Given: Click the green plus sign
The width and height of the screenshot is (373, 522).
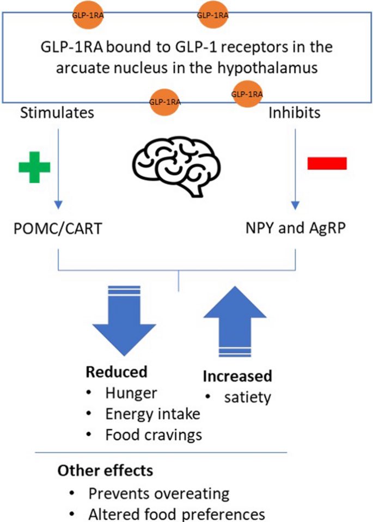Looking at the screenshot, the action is pos(34,167).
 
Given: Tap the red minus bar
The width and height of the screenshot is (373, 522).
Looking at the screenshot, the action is pos(327,163).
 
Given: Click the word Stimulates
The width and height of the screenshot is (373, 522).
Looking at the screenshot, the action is pos(57,113).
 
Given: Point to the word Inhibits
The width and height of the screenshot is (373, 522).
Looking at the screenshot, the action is pos(295,113).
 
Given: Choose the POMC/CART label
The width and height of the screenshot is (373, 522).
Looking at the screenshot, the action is pos(58,229).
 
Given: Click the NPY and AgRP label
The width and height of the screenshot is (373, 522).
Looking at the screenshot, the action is pos(295,228).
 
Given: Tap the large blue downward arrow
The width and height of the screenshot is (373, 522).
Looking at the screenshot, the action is pos(124,321).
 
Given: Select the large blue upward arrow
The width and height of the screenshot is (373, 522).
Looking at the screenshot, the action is pos(235,322).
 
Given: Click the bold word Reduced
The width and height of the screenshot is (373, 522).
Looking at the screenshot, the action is pos(117,372).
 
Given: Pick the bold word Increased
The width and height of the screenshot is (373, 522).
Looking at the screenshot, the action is pos(237,376).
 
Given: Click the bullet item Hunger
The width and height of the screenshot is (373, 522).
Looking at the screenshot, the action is pos(131,393).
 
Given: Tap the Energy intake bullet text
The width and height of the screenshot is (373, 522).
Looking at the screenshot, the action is pos(153,414).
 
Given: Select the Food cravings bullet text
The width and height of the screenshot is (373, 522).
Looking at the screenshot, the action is pos(154,435).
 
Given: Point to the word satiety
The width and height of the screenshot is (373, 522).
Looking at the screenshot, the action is pos(247,397).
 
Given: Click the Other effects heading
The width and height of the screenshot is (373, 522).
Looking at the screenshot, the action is pos(105,471).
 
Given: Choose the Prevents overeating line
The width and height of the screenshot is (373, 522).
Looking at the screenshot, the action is pos(159,493).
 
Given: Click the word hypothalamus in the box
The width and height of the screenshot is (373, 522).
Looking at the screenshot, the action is pos(267,68).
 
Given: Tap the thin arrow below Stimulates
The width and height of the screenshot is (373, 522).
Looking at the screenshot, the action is pos(58,169).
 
